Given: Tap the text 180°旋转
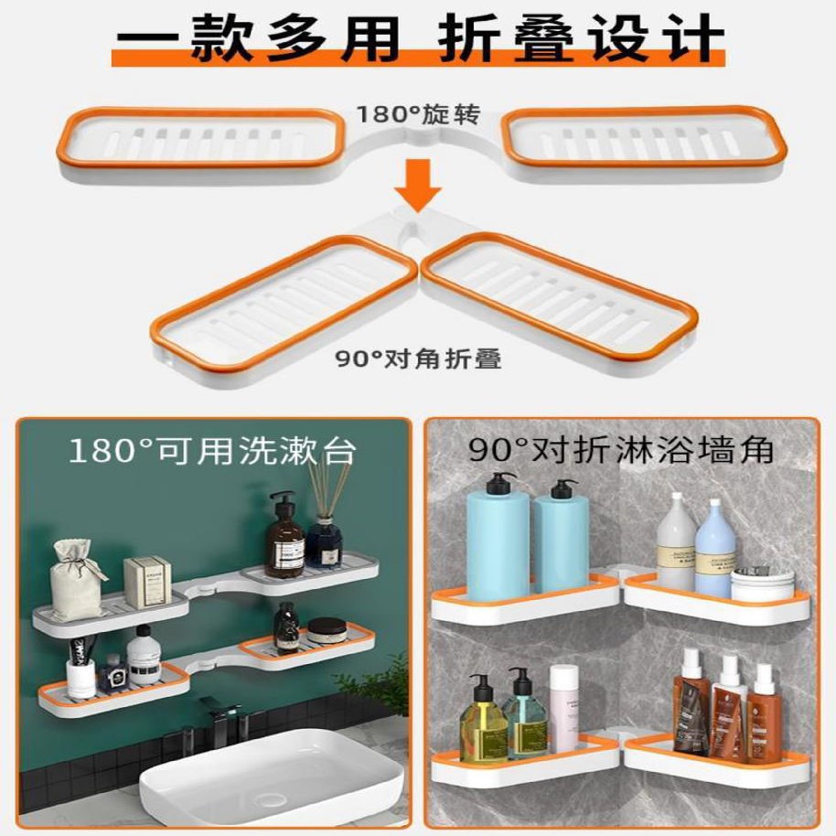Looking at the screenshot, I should pyautogui.click(x=418, y=116).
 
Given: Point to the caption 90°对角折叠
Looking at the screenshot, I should pyautogui.click(x=418, y=359).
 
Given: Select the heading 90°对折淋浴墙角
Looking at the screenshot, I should pyautogui.click(x=622, y=450).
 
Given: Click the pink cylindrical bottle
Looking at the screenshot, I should pyautogui.click(x=563, y=709).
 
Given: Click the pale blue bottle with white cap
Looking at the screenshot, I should pyautogui.click(x=715, y=549).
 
